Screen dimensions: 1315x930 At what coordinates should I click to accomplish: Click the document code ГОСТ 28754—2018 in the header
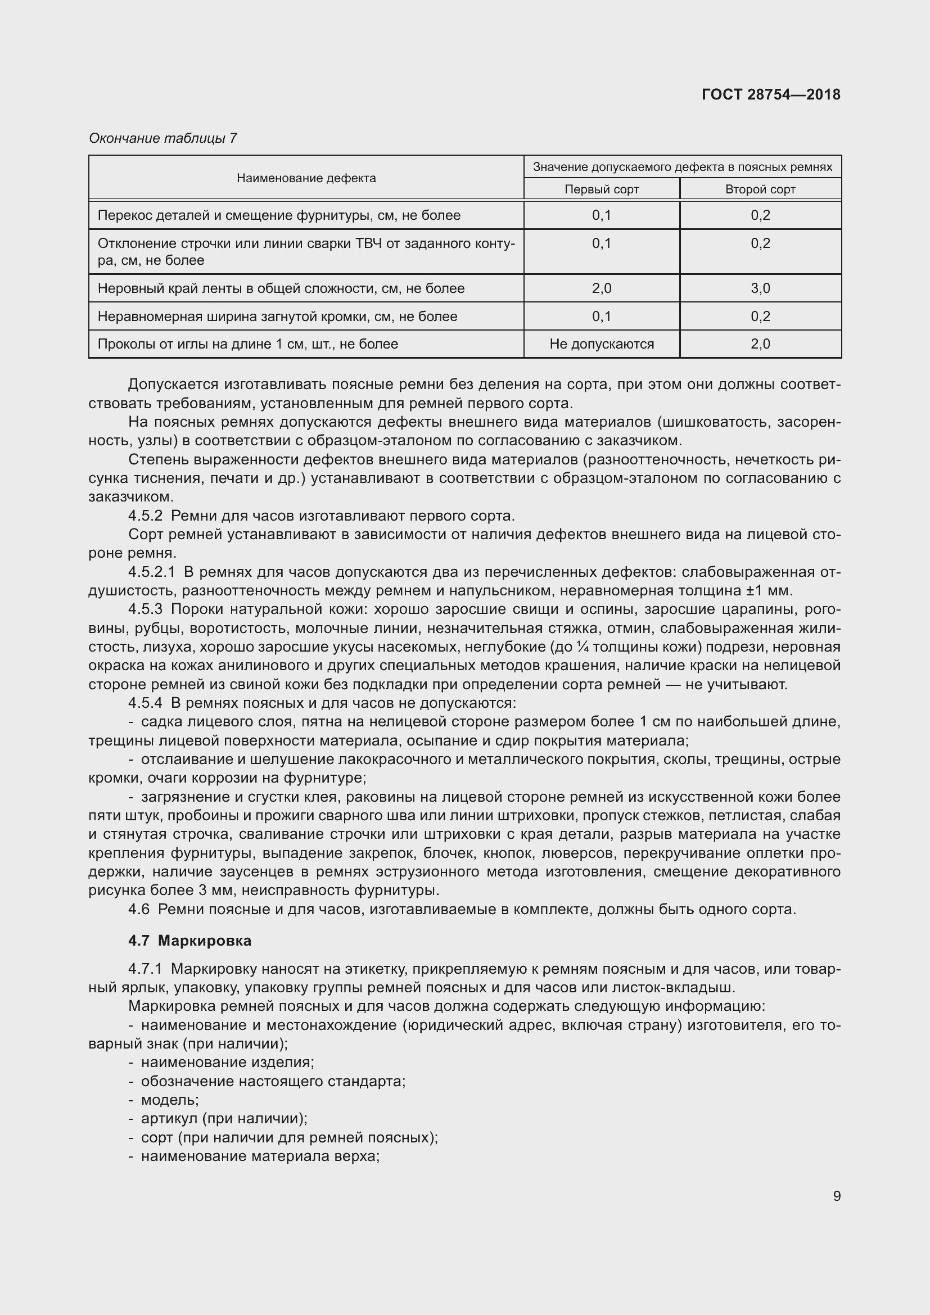click(771, 94)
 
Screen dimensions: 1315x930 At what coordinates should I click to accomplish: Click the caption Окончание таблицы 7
click(162, 138)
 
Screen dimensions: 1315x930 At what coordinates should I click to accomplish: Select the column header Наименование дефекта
click(306, 178)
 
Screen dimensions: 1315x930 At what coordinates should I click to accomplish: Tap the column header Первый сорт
click(601, 189)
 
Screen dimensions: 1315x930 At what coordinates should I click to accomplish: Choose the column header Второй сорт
click(760, 189)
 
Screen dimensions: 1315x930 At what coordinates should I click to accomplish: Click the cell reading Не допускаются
click(601, 344)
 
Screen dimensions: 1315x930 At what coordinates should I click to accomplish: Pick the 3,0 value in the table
click(760, 288)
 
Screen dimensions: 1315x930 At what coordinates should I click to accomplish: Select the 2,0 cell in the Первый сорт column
click(601, 288)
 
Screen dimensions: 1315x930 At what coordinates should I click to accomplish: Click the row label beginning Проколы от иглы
click(247, 344)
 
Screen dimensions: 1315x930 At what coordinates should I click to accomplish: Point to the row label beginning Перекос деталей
click(279, 215)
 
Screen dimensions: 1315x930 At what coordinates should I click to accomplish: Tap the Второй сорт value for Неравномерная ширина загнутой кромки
click(760, 316)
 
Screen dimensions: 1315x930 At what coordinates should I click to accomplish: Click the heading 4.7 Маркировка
click(189, 941)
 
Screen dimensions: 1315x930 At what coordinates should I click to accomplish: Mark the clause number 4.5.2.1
click(151, 572)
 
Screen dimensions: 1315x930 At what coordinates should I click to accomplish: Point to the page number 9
click(837, 1196)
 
